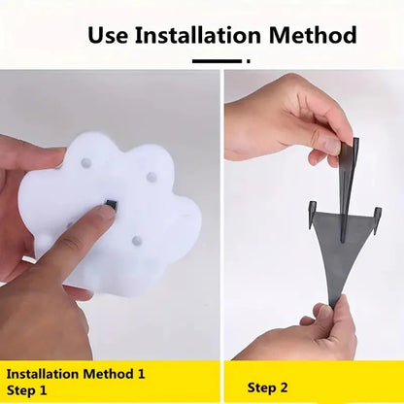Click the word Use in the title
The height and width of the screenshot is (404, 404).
pos(108,35)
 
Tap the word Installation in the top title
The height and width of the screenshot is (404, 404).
pos(198,35)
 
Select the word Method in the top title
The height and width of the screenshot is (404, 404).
pos(313,35)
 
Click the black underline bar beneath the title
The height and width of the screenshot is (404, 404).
pos(217,61)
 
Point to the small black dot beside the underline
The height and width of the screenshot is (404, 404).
pos(249,61)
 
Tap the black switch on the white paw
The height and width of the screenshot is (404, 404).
pos(111,204)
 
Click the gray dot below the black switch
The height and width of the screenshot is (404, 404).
pos(137,240)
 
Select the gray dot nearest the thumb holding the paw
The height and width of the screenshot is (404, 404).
pos(85,162)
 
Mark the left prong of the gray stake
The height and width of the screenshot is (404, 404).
pos(313,214)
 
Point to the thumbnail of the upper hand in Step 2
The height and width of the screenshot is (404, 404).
pos(331,147)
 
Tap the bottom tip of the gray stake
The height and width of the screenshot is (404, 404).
pos(332,307)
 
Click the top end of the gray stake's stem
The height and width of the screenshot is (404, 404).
pos(356,140)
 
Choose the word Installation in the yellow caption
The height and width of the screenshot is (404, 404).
pos(43,374)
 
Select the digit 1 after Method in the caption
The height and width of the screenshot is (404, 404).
pos(140,374)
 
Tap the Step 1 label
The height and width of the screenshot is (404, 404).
pos(26,389)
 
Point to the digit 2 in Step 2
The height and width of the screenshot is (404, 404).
pos(284,387)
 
